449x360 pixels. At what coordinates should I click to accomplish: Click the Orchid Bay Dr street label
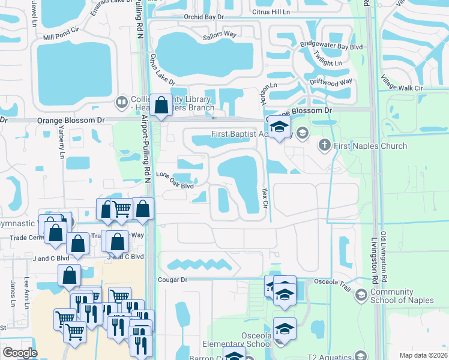(x=205, y=17)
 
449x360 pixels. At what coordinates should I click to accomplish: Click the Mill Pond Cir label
(x=61, y=37)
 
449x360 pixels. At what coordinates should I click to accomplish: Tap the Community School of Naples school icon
(x=361, y=294)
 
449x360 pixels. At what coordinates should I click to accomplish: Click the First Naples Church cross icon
(x=324, y=145)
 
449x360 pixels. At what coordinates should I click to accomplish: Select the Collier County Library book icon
(x=122, y=102)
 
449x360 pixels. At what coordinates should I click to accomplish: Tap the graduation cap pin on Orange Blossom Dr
(x=279, y=126)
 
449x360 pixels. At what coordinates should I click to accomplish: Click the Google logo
(x=20, y=353)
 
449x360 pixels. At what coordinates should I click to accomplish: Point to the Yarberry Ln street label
(x=62, y=146)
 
